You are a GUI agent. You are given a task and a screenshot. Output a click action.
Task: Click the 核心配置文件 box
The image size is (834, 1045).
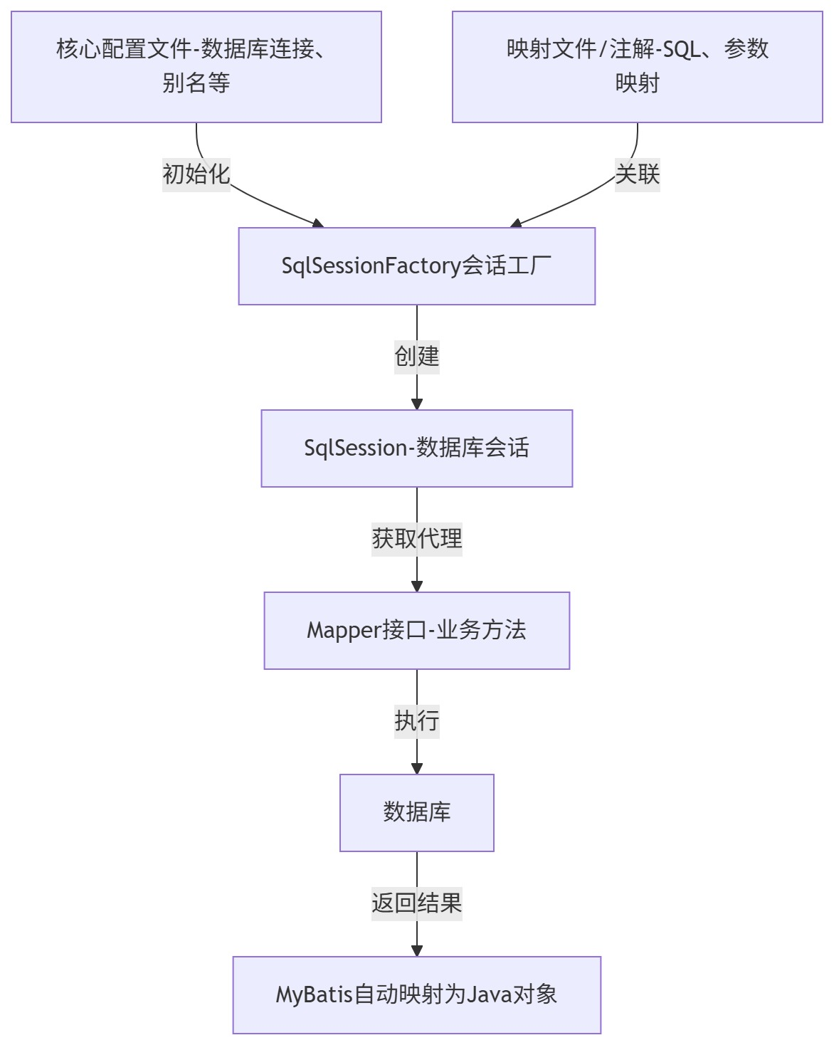click(x=196, y=66)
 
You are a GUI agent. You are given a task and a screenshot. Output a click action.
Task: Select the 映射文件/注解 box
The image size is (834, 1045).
click(x=637, y=66)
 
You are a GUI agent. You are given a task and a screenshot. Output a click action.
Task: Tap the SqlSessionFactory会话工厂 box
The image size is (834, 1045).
click(x=416, y=266)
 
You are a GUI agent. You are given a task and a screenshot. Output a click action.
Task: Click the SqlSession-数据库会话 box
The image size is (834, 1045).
click(x=416, y=448)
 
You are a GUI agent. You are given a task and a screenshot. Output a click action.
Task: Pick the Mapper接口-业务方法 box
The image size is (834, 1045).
click(x=416, y=631)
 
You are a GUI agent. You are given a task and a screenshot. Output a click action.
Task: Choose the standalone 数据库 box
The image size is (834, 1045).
click(x=416, y=812)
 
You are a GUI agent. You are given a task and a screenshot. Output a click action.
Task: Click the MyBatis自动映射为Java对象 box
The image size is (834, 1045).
click(x=416, y=994)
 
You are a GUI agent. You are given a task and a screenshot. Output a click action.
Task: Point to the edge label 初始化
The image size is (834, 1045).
click(x=196, y=174)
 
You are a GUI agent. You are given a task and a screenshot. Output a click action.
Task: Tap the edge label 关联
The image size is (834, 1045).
click(x=637, y=174)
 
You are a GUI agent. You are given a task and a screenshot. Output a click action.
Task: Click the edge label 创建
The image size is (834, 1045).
click(x=416, y=356)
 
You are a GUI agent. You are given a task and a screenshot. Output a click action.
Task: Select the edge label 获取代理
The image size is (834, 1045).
click(x=416, y=538)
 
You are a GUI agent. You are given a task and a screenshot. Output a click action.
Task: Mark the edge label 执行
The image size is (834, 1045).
click(x=416, y=720)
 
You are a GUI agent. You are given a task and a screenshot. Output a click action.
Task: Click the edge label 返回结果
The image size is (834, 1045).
click(x=416, y=903)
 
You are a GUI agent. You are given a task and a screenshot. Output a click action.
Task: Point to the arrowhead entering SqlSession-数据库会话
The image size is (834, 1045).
click(x=417, y=404)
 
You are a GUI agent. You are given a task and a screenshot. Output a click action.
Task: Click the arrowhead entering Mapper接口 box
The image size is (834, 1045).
click(x=417, y=586)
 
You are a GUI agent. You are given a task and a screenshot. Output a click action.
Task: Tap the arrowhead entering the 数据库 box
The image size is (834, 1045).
click(x=417, y=768)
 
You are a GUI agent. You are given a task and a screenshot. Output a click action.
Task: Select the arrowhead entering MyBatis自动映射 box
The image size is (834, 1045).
click(x=417, y=950)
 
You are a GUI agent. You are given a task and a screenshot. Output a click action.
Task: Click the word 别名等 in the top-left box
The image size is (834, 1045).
click(x=196, y=83)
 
